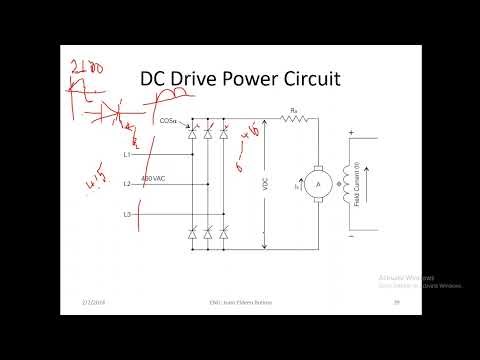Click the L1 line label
pyautogui.click(x=127, y=155)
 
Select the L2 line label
pyautogui.click(x=127, y=185)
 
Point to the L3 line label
pyautogui.click(x=127, y=215)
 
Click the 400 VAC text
pyautogui.click(x=154, y=179)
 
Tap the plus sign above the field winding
pyautogui.click(x=350, y=133)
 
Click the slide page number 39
pyautogui.click(x=396, y=301)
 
